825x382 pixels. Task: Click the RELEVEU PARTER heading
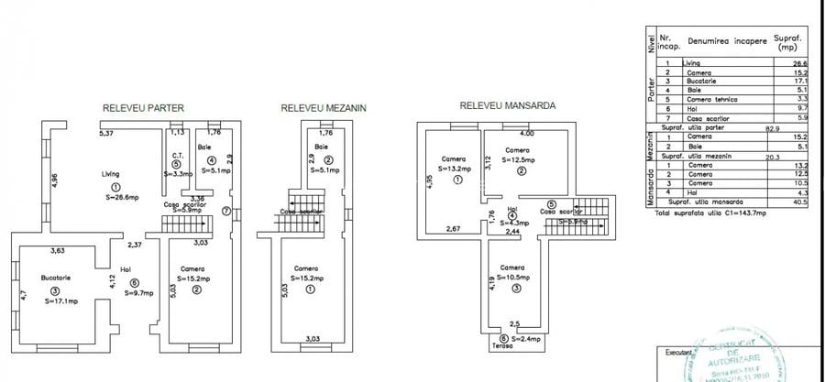click(143, 108)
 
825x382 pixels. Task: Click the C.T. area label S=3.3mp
click(178, 173)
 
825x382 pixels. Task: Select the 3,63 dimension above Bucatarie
click(60, 251)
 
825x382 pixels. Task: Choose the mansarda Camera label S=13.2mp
click(453, 169)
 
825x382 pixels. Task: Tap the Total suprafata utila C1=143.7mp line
click(710, 212)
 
